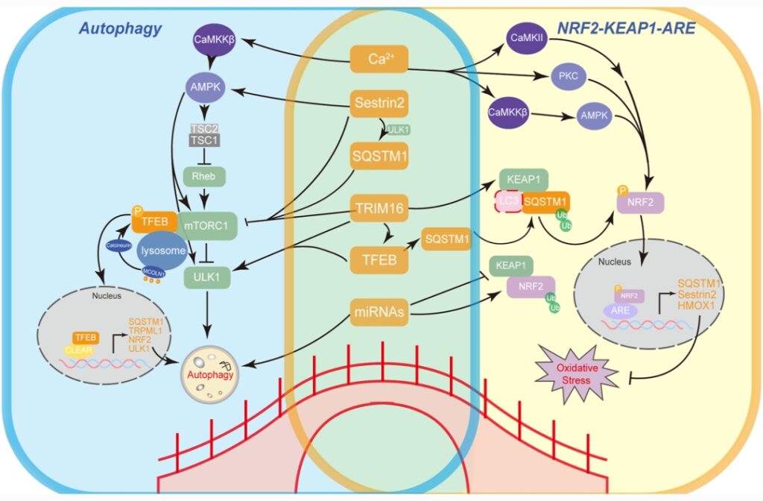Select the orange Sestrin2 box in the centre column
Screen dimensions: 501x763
pos(379,104)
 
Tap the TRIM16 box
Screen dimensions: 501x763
pos(379,211)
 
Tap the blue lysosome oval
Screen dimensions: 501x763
pos(164,252)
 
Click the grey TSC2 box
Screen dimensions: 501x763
pos(204,127)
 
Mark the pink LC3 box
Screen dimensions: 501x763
pos(507,201)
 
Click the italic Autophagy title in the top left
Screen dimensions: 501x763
pos(113,29)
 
